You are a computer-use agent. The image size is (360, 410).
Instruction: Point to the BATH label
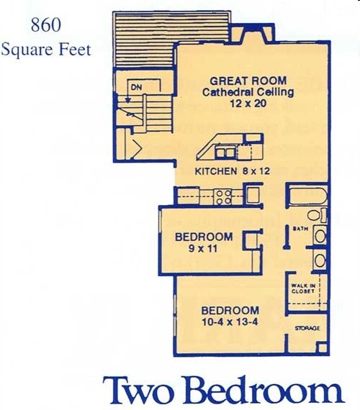click(x=300, y=229)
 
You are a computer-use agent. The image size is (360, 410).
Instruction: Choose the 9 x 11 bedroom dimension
click(x=204, y=249)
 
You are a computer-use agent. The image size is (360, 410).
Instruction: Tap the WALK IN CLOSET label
click(x=302, y=288)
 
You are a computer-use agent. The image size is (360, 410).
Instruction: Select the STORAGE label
click(x=307, y=328)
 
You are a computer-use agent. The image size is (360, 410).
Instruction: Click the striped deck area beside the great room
click(x=144, y=40)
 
